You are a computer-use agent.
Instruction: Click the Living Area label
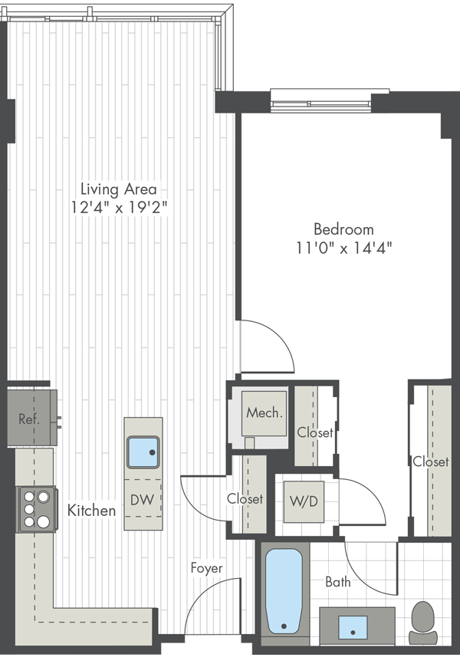(x=119, y=189)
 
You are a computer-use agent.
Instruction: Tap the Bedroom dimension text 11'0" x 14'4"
(x=344, y=248)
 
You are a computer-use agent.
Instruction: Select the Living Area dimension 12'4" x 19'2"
(x=119, y=208)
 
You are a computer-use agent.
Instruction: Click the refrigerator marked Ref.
(x=32, y=418)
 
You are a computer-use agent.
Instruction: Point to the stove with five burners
(x=37, y=509)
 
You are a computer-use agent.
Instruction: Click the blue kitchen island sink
(x=143, y=452)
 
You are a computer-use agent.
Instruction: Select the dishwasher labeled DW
(x=143, y=498)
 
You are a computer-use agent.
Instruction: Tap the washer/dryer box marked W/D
(x=304, y=501)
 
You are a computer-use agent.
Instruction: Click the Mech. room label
(x=264, y=413)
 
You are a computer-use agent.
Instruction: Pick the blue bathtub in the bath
(x=284, y=591)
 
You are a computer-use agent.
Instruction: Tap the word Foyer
(x=206, y=568)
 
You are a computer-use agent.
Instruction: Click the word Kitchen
(x=92, y=511)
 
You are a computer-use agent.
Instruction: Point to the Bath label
(x=338, y=582)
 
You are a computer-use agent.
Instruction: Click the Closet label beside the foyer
(x=245, y=498)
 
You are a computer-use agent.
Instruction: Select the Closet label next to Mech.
(x=315, y=432)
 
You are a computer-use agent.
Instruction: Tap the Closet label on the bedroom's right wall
(x=431, y=462)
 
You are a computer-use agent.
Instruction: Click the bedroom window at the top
(x=321, y=101)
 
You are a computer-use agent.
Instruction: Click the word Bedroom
(x=344, y=229)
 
